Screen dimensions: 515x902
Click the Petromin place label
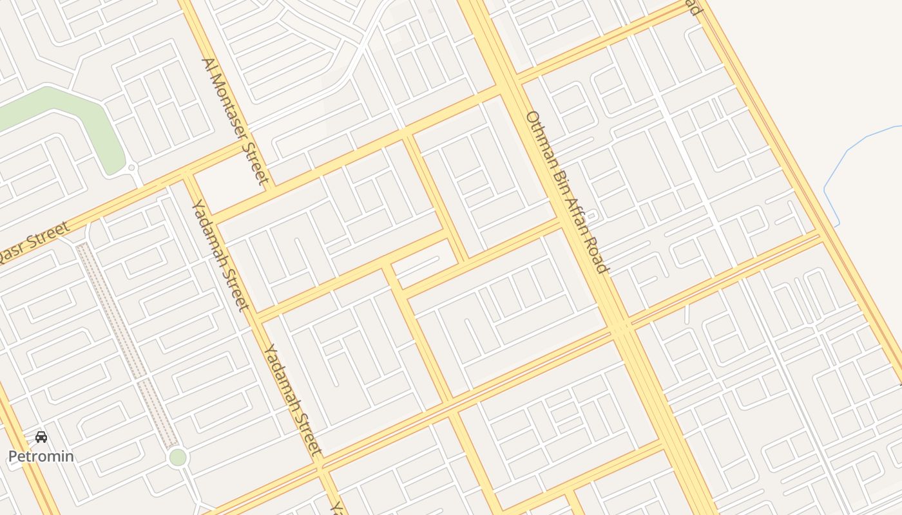pos(41,456)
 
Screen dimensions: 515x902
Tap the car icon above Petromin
pos(41,438)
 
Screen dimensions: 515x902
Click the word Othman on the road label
pos(539,138)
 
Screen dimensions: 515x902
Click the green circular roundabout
pos(177,458)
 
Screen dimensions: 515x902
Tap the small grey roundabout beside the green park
pos(132,167)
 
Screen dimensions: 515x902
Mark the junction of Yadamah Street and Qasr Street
pos(187,175)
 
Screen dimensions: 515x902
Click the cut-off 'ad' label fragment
pos(693,8)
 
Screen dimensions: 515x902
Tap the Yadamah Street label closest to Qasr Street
pos(218,254)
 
